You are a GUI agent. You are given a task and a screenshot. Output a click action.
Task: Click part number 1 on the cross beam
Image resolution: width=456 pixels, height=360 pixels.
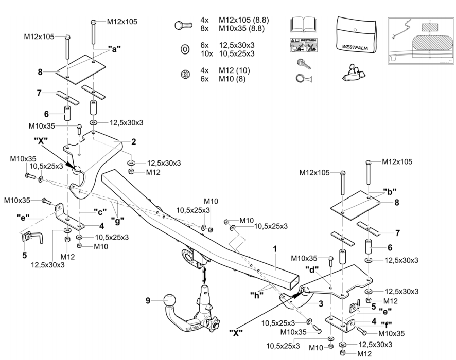275,248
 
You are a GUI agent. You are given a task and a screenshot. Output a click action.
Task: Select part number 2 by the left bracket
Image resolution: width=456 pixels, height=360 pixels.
133,141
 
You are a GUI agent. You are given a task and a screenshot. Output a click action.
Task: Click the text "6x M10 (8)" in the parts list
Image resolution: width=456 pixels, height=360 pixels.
230,78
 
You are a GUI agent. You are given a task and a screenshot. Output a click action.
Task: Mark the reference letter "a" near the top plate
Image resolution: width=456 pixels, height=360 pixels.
114,49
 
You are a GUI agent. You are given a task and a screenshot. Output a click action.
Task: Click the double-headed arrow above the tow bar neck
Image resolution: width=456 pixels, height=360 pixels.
205,274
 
